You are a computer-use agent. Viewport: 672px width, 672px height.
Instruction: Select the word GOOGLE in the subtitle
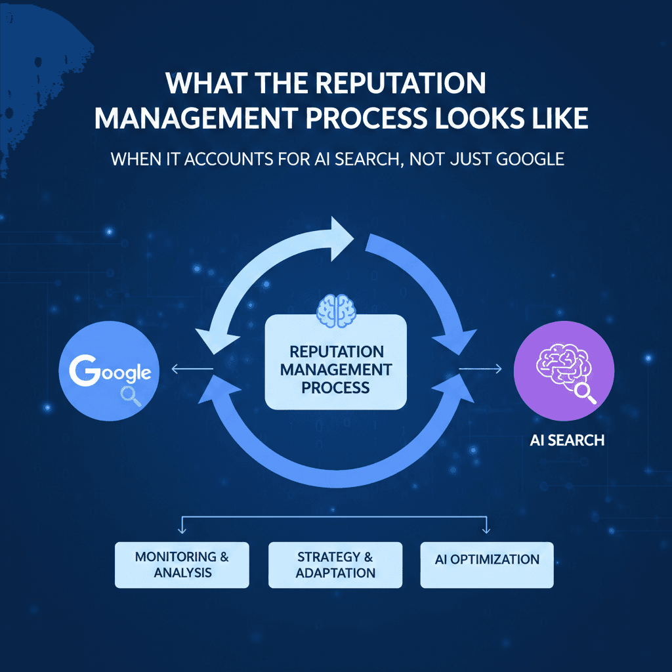pos(530,159)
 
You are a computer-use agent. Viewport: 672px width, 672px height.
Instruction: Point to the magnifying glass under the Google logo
pos(131,396)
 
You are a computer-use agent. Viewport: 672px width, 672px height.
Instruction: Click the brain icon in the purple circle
pos(562,365)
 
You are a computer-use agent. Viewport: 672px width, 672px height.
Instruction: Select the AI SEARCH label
pos(567,440)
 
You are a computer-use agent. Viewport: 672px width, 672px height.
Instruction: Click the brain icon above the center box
pos(336,310)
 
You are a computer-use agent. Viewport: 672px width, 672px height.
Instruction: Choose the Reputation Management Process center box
pos(335,362)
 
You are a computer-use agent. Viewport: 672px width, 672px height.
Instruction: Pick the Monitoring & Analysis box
pos(182,565)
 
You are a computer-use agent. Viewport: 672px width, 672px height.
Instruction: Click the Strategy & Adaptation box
pos(335,565)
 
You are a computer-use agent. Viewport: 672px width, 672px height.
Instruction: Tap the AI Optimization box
pos(487,565)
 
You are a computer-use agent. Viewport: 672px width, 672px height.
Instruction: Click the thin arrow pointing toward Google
pos(192,369)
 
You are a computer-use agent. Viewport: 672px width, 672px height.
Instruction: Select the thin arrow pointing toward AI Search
pos(480,369)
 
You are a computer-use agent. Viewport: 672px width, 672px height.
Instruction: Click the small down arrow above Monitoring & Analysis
pos(182,525)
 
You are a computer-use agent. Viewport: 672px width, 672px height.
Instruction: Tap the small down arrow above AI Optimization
pos(486,525)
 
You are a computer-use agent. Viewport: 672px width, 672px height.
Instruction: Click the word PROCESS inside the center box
pos(335,388)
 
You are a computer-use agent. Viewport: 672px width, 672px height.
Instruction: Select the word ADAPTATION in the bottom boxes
pos(335,573)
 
